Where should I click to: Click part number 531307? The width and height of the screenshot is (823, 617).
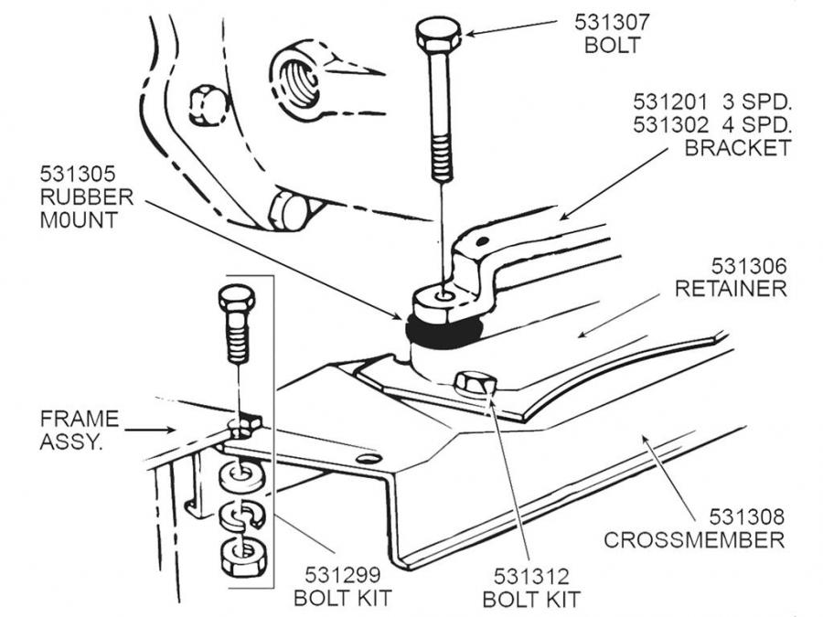[x=612, y=22]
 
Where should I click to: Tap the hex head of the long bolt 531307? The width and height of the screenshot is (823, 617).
[x=438, y=35]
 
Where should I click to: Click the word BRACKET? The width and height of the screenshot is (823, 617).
[x=737, y=148]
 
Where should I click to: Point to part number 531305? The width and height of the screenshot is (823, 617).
[x=77, y=174]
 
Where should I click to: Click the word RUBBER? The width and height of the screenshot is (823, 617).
[x=87, y=197]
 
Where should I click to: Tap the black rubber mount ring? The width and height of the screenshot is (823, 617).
[x=444, y=334]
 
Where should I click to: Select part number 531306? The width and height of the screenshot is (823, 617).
[x=749, y=267]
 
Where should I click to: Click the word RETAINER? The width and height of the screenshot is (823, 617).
[x=731, y=289]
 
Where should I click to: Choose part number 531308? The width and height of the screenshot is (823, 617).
[x=747, y=516]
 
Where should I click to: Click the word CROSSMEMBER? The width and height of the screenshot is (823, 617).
[x=694, y=540]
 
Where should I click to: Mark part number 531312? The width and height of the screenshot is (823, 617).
[x=531, y=577]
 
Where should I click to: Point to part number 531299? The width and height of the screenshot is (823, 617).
[x=343, y=575]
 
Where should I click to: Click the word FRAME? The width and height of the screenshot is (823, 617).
[x=80, y=419]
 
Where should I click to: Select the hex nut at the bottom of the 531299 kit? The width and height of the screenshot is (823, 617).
[x=243, y=557]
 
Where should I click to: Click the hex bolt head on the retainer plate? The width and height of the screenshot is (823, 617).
[x=475, y=384]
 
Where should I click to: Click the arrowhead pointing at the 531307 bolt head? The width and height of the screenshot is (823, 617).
[x=471, y=34]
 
